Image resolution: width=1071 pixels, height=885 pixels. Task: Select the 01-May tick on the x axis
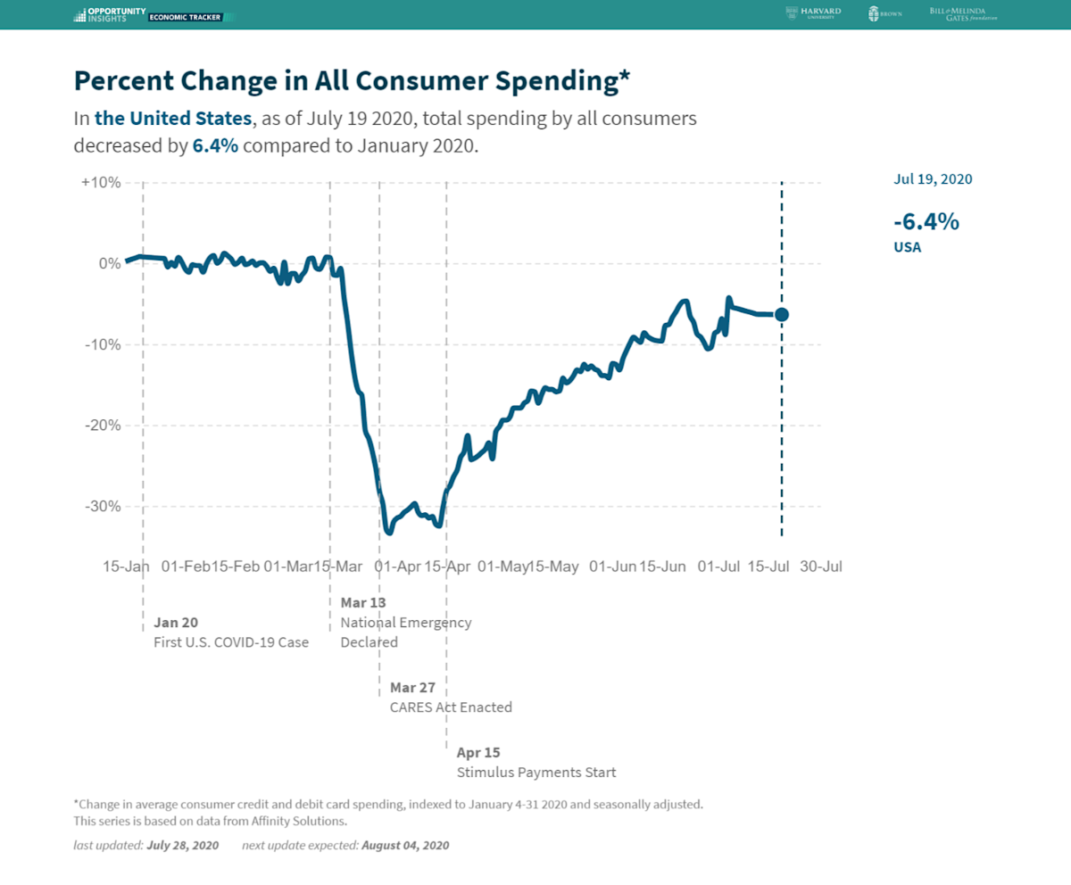click(503, 567)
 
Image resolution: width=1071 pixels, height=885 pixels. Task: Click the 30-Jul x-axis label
click(821, 567)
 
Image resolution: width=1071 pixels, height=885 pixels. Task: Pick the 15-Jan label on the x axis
click(126, 567)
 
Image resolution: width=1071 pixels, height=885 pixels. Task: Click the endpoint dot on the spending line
click(782, 314)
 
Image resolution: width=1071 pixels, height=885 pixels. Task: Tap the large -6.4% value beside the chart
click(926, 221)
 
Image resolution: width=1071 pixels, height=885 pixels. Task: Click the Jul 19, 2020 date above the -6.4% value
click(933, 178)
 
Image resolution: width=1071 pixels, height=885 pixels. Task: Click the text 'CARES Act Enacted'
click(451, 707)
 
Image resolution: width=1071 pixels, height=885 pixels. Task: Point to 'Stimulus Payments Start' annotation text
click(535, 772)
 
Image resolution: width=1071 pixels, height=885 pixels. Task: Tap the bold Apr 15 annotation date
click(478, 752)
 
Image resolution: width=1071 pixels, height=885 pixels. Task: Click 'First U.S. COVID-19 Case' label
click(231, 641)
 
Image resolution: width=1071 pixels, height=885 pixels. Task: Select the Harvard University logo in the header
click(813, 13)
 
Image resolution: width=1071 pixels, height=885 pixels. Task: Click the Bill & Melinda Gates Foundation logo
click(963, 13)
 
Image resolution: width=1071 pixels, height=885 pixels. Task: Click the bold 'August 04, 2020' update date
click(405, 845)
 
